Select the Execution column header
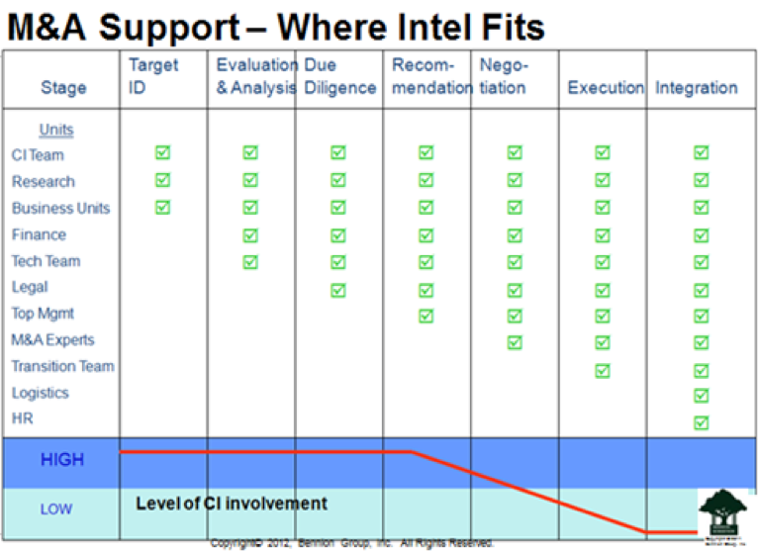coord(605,88)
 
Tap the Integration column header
coord(696,88)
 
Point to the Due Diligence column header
coord(339,76)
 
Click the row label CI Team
coord(38,155)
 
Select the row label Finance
coord(39,234)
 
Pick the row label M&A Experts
coord(52,340)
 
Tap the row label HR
coord(22,419)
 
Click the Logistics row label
coord(41,393)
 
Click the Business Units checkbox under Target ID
coord(163,207)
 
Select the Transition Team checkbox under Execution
coord(603,371)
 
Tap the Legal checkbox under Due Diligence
coord(338,290)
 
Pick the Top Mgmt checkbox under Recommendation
coord(426,316)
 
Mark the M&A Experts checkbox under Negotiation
coord(515,342)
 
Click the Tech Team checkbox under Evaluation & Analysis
coord(250,261)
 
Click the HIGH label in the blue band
coord(61,460)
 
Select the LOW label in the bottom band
coord(56,509)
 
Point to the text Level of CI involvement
coord(231,504)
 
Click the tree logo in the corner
coord(725,512)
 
